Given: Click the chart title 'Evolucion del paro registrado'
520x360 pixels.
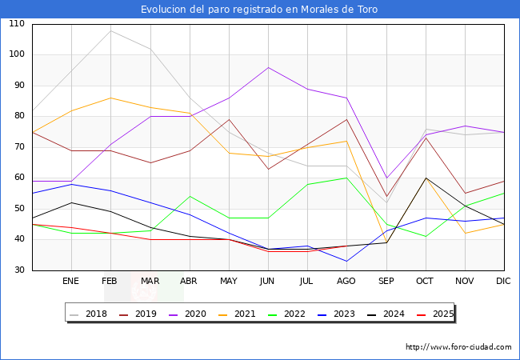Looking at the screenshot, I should [x=259, y=10].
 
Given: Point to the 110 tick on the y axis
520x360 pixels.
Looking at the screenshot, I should [x=17, y=24].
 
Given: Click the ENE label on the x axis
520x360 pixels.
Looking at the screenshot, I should [x=71, y=282].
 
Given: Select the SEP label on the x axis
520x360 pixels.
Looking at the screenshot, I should [x=386, y=282].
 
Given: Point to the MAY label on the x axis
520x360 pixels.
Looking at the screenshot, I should [x=229, y=282].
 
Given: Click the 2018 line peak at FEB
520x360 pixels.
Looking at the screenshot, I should [x=110, y=30].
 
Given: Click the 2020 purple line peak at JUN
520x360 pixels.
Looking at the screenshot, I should [x=268, y=67].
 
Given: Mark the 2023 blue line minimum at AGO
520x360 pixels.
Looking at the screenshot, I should [x=346, y=261].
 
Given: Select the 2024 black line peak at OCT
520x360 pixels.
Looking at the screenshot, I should [x=426, y=178].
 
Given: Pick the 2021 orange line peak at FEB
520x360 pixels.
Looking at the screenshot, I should [x=110, y=98].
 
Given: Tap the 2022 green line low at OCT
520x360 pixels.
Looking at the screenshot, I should [x=426, y=236].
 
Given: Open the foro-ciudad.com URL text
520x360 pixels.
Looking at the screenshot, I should [x=458, y=347].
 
